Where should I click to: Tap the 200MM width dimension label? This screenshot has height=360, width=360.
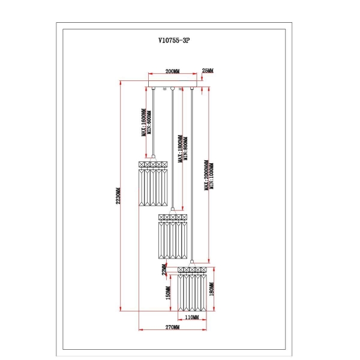tap(172, 71)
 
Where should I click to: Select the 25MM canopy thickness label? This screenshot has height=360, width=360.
tap(208, 71)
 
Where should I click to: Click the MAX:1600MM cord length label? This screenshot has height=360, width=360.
tap(143, 123)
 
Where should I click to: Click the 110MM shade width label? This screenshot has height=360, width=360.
tap(191, 317)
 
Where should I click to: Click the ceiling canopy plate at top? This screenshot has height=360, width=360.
tap(172, 85)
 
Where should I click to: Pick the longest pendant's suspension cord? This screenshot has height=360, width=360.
tap(192, 174)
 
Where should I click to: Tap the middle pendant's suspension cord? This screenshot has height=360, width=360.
tap(173, 150)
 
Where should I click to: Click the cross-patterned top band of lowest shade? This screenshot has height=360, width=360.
tap(192, 269)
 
